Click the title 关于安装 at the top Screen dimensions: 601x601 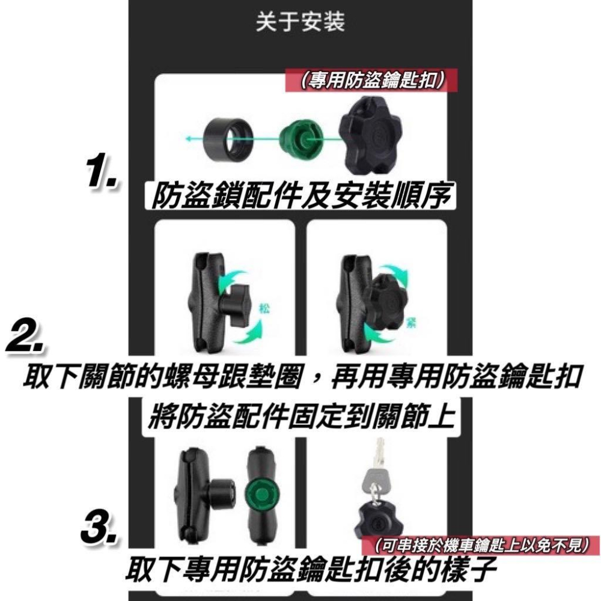[300, 23]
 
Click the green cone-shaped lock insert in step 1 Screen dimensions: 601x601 [298, 139]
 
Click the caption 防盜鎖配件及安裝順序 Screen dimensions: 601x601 [300, 197]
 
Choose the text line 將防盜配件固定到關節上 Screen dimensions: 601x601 [300, 416]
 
